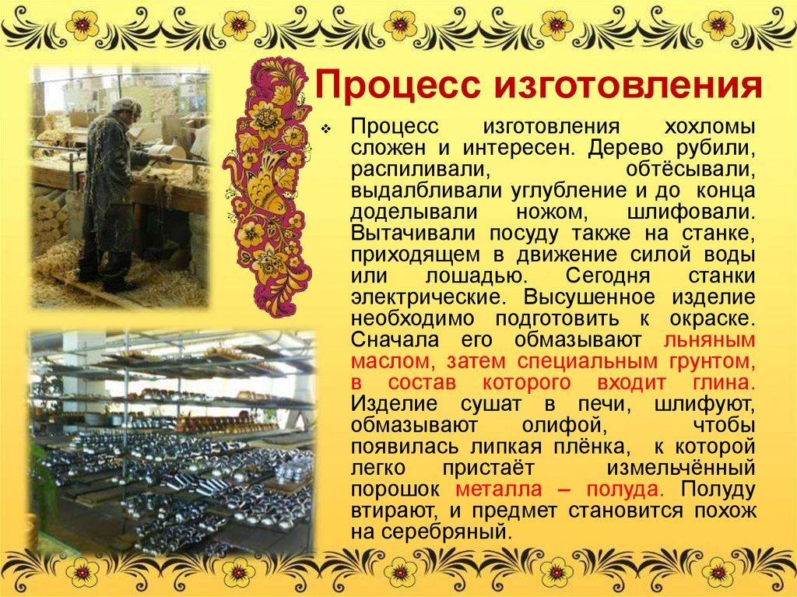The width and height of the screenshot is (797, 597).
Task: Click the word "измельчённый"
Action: click(685, 468)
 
